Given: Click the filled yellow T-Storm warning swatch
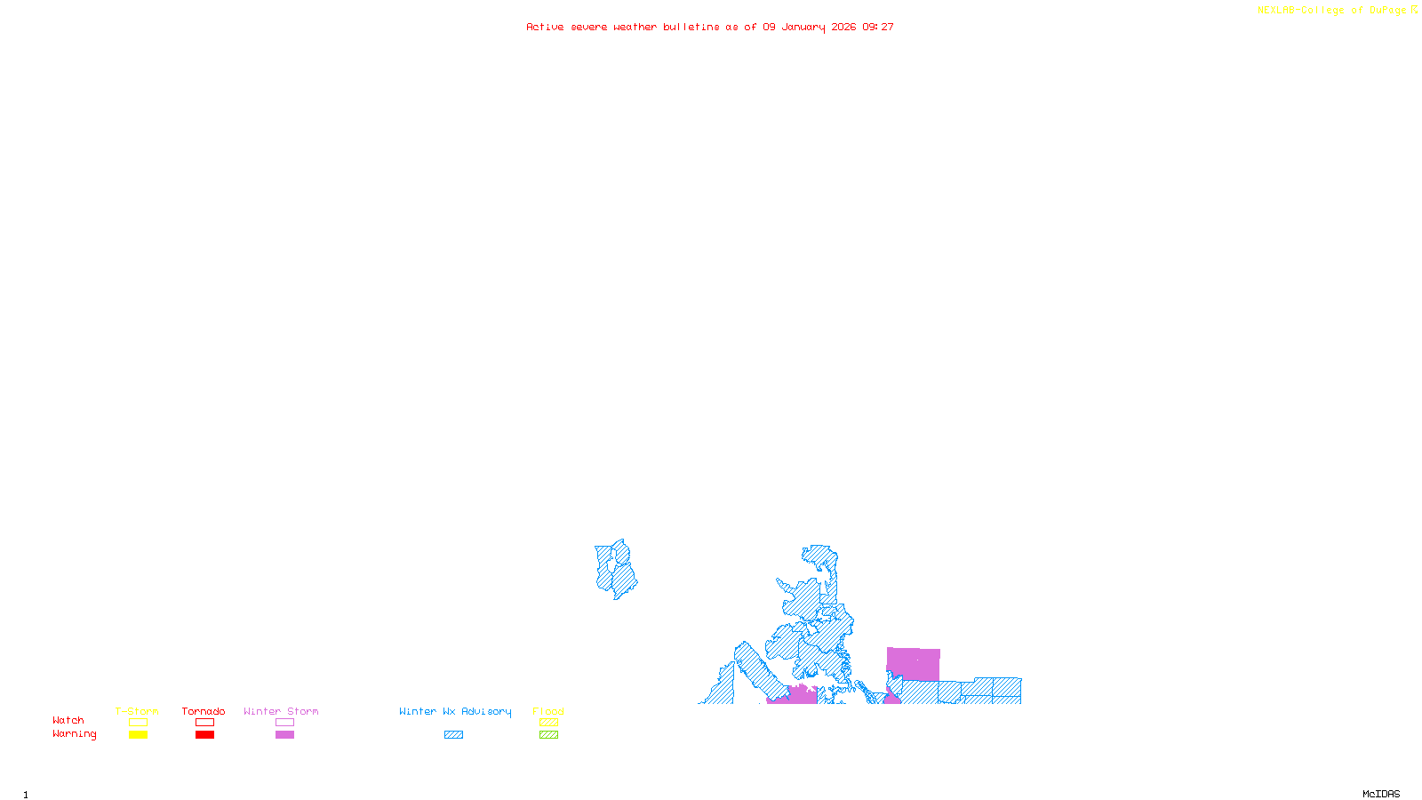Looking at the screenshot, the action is pos(138,735).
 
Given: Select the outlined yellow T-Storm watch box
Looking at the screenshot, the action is pos(138,723).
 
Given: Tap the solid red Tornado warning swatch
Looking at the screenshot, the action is pos(205,735).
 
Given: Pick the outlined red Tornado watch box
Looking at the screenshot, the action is pos(205,723).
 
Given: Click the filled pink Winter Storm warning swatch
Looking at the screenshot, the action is pos(284,735).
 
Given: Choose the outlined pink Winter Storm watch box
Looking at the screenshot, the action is pos(284,723).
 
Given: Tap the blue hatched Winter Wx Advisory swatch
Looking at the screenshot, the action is pos(453,735).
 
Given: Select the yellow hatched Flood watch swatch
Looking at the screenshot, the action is pos(548,723).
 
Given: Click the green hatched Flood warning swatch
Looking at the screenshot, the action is pos(548,735).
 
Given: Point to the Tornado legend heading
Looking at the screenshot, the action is pos(204,711).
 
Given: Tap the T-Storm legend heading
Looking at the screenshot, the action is pos(137,711).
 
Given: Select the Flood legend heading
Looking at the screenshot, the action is pos(548,711).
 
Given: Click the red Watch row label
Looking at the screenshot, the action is pos(68,721).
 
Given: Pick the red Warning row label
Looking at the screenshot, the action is pos(75,734).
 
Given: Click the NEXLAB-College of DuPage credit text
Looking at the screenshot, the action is pos(1332,11).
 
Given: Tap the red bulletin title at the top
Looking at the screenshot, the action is pos(710,28).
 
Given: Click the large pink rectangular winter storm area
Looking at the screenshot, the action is pos(914,664).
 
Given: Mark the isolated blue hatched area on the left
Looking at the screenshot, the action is pos(615,569).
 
